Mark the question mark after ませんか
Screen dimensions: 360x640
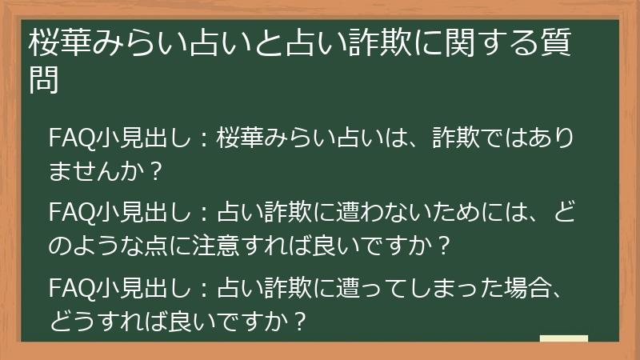(157, 170)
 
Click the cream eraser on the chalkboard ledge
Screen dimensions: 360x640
(564, 339)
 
